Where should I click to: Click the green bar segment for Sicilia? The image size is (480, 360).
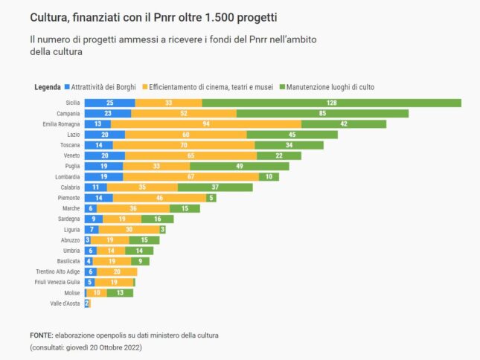(x=331, y=103)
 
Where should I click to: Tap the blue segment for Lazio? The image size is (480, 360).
(x=104, y=135)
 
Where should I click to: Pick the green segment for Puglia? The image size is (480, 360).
(x=239, y=167)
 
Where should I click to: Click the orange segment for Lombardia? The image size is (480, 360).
(x=191, y=177)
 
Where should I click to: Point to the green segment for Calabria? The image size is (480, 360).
(x=214, y=187)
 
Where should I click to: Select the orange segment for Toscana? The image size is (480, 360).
(x=184, y=145)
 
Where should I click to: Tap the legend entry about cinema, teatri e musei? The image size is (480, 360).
(x=210, y=87)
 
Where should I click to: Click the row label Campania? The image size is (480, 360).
(x=68, y=114)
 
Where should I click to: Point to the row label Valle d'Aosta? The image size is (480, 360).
(x=65, y=303)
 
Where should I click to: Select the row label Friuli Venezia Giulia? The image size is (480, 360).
(x=57, y=283)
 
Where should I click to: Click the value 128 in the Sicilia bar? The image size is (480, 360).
(x=331, y=103)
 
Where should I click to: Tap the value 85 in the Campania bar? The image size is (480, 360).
(x=322, y=114)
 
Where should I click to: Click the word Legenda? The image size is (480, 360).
(x=48, y=87)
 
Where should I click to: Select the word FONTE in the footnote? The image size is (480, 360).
(x=41, y=335)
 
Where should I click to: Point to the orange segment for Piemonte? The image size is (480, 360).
(x=159, y=199)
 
